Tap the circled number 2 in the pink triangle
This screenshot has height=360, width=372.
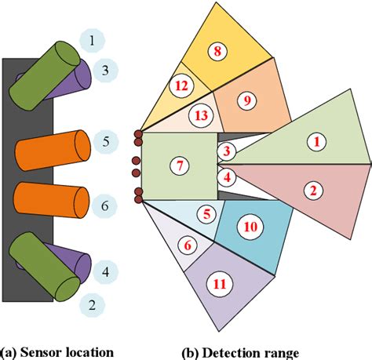click(x=312, y=189)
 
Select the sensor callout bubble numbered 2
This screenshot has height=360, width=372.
click(x=93, y=305)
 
